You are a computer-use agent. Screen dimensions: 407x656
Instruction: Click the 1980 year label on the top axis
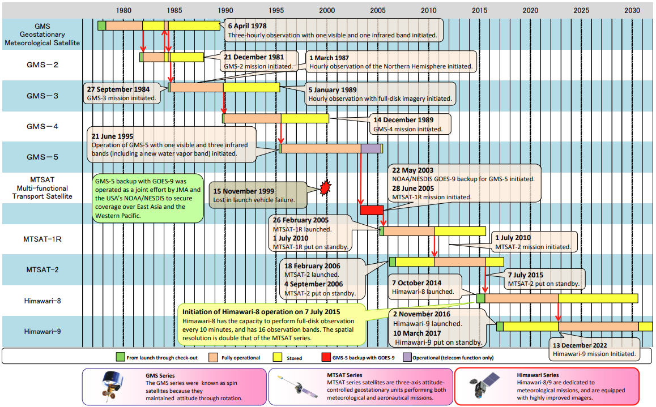124,10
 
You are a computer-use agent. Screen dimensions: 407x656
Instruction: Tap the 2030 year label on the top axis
632,10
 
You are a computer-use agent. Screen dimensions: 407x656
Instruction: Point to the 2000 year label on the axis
327,10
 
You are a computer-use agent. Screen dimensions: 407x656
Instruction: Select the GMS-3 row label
42,96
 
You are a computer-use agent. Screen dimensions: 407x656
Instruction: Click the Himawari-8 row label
42,301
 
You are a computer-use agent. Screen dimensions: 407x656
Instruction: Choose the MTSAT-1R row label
42,239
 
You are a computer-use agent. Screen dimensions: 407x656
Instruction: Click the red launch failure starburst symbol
325,187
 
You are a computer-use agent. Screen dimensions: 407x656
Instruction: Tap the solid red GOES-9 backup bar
372,210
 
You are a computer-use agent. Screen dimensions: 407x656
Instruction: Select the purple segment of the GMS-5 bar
371,148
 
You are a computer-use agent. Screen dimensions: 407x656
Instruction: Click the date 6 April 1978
247,26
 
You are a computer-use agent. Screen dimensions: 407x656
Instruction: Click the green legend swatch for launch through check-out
120,357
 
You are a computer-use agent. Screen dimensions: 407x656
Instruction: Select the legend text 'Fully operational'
241,358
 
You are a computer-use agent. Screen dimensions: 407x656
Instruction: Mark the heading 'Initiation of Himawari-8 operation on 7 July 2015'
261,312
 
